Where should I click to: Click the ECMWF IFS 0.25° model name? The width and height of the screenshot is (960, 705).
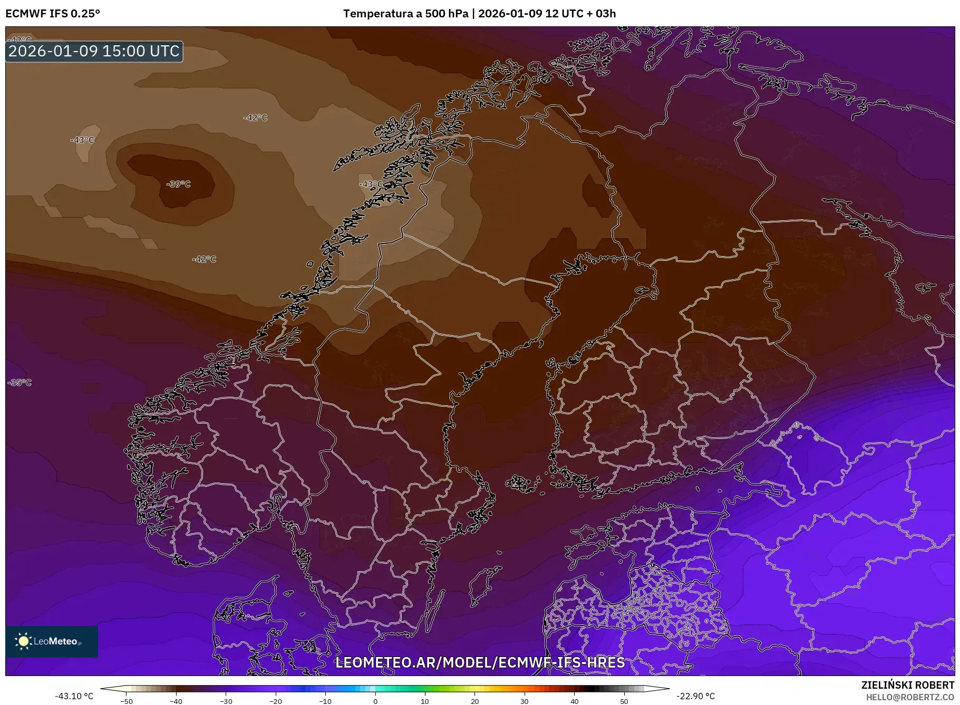(53, 14)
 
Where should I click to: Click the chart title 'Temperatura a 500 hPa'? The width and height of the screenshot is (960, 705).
(405, 14)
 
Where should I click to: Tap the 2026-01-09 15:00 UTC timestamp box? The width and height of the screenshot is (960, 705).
(94, 51)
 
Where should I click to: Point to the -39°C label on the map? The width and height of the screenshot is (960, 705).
(178, 184)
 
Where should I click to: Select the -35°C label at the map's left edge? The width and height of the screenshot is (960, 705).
(20, 383)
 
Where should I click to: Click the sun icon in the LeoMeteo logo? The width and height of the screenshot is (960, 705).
(23, 641)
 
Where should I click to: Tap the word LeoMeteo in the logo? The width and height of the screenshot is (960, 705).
(56, 641)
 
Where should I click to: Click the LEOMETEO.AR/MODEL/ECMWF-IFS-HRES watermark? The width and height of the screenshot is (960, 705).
(480, 662)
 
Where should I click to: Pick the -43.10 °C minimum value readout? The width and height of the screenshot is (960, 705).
(74, 696)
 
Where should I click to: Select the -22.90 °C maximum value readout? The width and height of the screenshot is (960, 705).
(695, 696)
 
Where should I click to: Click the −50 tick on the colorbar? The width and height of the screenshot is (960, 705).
(127, 701)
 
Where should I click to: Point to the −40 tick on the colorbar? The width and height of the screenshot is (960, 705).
(176, 701)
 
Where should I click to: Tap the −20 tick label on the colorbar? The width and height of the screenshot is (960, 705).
(276, 701)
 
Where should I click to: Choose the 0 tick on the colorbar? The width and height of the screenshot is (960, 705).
(375, 701)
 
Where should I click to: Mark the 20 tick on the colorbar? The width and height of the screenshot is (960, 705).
(475, 701)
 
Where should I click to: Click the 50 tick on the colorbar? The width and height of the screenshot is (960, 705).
(624, 701)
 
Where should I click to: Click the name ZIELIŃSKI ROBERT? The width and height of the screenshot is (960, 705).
(908, 686)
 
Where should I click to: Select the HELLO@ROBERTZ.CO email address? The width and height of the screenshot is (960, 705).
(910, 697)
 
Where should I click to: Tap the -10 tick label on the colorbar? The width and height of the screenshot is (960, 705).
(325, 701)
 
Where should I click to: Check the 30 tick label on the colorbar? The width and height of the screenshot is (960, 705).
(525, 701)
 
